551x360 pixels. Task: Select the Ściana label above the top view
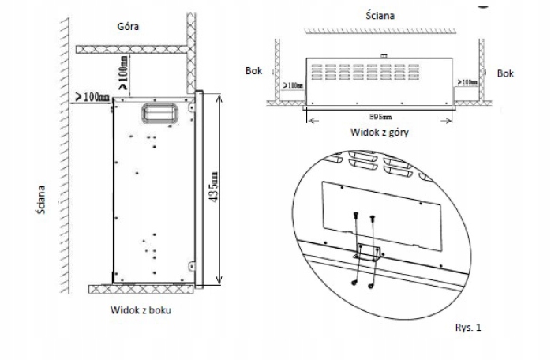[381, 15]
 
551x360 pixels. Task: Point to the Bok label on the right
[505, 73]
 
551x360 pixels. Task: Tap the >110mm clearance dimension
[292, 84]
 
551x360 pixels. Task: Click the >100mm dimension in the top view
[468, 81]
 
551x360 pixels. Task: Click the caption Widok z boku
[141, 310]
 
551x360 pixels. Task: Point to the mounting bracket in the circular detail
[369, 253]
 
